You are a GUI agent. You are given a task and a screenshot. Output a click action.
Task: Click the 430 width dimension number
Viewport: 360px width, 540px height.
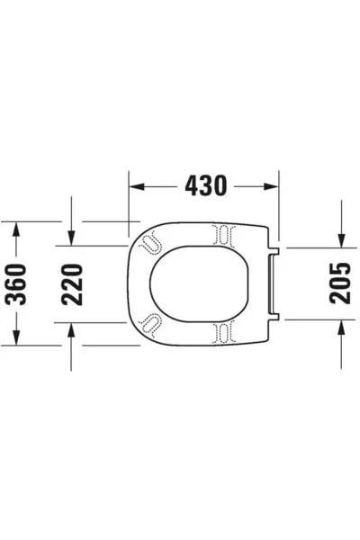[206, 185]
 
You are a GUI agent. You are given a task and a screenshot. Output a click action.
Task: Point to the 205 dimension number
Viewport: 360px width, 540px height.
[341, 283]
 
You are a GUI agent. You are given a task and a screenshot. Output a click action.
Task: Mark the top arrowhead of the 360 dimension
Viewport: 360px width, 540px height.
[15, 229]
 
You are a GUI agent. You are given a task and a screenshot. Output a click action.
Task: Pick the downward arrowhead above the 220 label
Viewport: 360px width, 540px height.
[71, 238]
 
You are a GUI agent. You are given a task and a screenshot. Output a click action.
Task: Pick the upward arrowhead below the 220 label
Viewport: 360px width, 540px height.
[71, 330]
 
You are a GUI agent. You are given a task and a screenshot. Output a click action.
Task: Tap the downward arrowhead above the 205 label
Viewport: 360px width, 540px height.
[342, 239]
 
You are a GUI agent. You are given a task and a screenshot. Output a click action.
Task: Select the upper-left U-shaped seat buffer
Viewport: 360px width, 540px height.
[150, 242]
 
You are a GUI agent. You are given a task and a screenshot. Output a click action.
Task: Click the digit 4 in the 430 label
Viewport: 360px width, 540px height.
[189, 185]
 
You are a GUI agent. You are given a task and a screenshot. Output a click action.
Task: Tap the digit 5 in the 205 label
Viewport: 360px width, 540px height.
[341, 267]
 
